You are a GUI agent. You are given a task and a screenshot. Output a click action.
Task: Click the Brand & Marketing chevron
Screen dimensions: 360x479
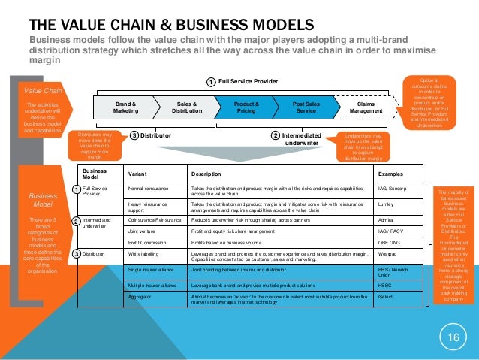click(125, 108)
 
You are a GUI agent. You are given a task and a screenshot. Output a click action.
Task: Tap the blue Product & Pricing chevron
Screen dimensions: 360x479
click(247, 108)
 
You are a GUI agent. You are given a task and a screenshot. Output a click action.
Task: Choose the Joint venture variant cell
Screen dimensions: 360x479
click(144, 232)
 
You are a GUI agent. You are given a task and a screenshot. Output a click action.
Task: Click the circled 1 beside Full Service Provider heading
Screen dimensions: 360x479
click(211, 81)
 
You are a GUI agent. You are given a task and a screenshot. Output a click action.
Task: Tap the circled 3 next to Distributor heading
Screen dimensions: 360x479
click(134, 136)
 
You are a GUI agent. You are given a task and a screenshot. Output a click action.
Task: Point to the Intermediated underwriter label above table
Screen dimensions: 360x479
click(305, 138)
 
